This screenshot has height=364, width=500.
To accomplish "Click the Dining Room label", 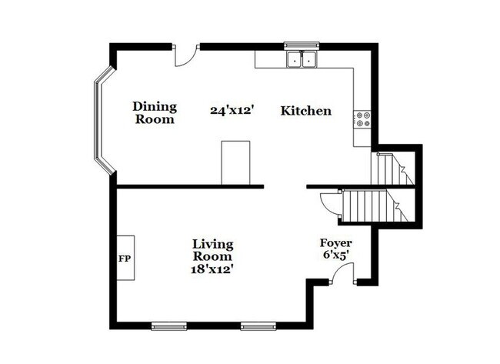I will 155,112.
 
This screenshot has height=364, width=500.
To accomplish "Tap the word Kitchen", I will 305,111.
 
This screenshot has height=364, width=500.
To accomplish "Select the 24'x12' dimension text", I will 232,111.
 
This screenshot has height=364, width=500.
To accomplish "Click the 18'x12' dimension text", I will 212,269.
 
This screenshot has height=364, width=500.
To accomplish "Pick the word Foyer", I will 336,243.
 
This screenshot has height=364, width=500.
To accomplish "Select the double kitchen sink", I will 302,58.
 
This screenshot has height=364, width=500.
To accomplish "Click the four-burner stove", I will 362,119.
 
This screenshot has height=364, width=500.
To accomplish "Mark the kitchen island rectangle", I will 235,162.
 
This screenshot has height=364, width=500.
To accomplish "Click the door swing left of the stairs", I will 328,202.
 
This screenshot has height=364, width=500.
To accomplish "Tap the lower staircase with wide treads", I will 368,206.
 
